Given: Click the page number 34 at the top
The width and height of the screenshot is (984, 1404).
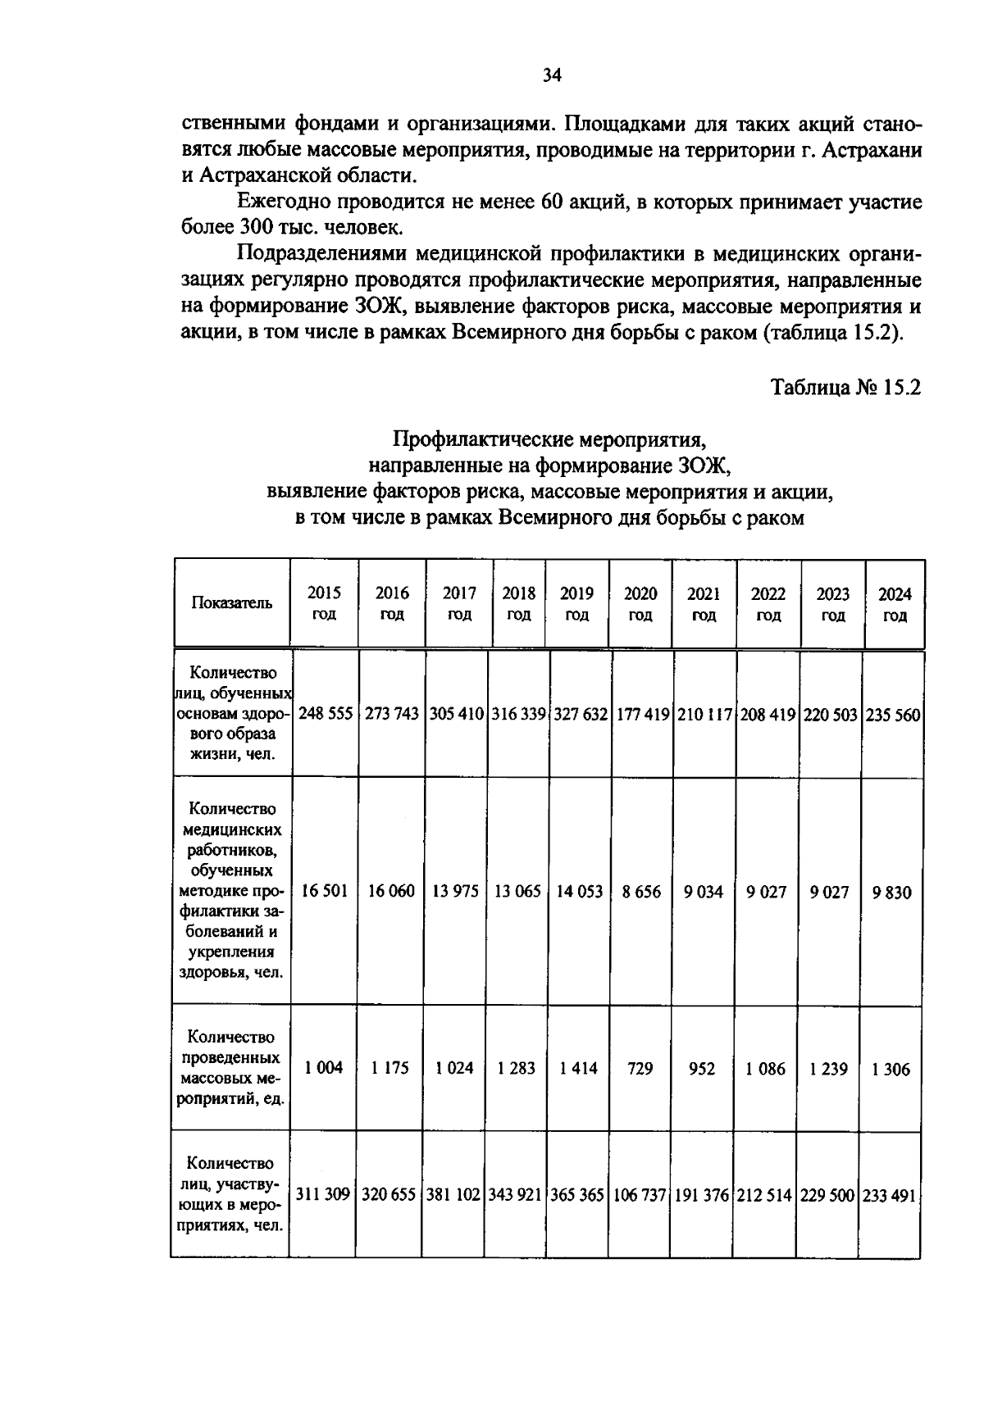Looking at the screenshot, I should pyautogui.click(x=551, y=76).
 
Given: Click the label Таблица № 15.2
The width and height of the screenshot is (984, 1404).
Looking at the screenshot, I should pyautogui.click(x=845, y=387).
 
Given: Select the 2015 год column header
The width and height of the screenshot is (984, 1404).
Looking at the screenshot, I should pyautogui.click(x=324, y=603).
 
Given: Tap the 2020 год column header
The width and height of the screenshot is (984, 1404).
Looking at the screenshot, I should pyautogui.click(x=640, y=603).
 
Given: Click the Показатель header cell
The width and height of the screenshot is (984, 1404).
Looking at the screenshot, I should pyautogui.click(x=231, y=603).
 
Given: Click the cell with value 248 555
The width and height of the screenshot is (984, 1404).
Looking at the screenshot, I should pyautogui.click(x=326, y=714).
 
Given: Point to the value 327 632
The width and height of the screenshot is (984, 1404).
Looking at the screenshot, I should pyautogui.click(x=580, y=714).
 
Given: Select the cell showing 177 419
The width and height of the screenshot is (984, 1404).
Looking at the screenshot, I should pyautogui.click(x=642, y=714).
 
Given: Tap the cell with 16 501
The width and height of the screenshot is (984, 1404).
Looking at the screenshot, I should pyautogui.click(x=325, y=891).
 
